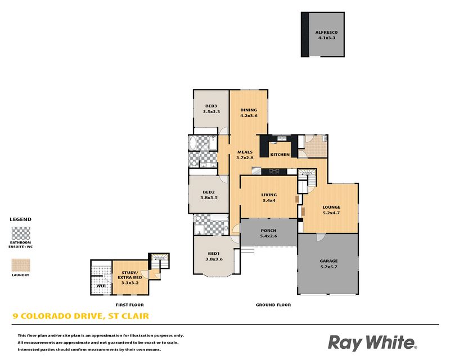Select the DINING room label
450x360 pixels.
(249, 110)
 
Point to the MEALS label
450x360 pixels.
(245, 152)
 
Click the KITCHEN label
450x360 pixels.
(280, 155)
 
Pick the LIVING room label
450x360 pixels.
(269, 195)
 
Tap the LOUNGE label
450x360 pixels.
(331, 207)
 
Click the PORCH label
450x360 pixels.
(269, 231)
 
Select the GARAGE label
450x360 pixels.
(328, 261)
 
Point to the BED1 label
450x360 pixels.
(214, 254)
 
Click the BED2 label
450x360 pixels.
(209, 192)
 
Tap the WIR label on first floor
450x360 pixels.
(101, 286)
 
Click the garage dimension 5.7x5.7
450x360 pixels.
(328, 267)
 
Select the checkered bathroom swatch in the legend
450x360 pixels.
(21, 233)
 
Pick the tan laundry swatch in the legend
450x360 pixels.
(21, 265)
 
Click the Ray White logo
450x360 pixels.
(372, 343)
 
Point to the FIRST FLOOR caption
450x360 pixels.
(129, 305)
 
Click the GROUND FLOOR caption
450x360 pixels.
(273, 305)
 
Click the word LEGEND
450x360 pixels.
(21, 219)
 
